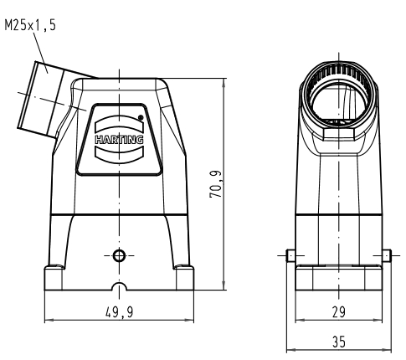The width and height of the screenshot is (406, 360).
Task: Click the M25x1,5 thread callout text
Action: pos(30,25)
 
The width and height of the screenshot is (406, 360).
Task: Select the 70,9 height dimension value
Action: pos(216,184)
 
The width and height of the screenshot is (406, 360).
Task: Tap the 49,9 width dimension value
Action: pos(120,311)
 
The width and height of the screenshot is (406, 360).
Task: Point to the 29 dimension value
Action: pos(339,311)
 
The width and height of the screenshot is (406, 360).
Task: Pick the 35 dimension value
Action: pos(339,342)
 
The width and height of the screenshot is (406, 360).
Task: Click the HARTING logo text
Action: pos(119,139)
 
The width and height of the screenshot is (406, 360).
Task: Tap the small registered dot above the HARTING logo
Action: pos(141,117)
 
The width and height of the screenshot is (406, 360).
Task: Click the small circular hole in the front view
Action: pos(119,255)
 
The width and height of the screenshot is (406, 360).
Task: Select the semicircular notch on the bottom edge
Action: pos(119,286)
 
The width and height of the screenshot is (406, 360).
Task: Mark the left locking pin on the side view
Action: pos(290,255)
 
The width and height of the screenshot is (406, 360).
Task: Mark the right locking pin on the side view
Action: pos(387,255)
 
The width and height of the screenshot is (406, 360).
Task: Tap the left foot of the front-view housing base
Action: pos(54,278)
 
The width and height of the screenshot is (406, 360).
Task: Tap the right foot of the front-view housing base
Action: pos(184,278)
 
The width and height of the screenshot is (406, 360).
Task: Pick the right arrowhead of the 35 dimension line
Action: pos(387,350)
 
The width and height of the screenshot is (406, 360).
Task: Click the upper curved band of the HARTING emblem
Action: pos(119,125)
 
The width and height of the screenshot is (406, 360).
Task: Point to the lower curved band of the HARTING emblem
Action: pos(119,154)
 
